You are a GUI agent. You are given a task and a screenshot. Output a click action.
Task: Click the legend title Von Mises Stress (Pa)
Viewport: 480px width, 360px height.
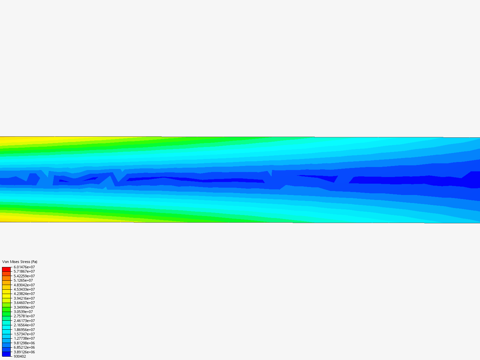click(x=20, y=262)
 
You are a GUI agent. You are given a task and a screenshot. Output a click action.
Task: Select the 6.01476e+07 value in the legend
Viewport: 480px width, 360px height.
click(x=24, y=267)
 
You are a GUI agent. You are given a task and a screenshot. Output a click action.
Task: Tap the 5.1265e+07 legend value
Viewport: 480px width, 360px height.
click(x=23, y=280)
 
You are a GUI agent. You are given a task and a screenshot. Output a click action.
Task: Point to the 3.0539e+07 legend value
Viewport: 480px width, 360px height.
click(x=23, y=312)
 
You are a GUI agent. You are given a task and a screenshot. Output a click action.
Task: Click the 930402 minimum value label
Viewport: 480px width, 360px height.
click(x=20, y=356)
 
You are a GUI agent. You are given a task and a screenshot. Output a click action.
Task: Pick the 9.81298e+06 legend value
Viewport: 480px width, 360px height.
click(x=24, y=343)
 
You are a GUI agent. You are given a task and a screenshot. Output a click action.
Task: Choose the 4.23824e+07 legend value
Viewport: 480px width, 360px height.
click(x=24, y=294)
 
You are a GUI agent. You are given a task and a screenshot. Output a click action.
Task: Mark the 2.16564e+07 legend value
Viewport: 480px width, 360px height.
click(x=24, y=325)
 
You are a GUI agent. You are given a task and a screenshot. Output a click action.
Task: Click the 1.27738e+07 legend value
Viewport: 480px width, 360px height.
click(x=24, y=338)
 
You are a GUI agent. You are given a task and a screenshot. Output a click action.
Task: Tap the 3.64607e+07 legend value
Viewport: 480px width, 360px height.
click(x=24, y=303)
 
